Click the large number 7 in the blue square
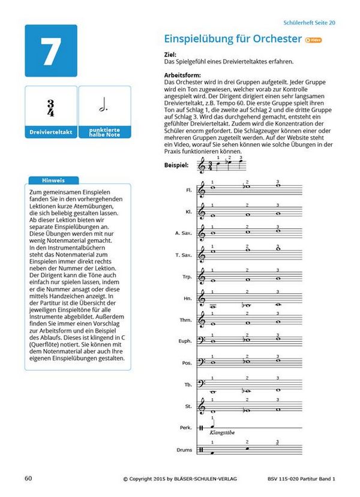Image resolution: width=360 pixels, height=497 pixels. (x=51, y=53)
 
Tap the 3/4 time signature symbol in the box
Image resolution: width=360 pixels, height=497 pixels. (x=50, y=109)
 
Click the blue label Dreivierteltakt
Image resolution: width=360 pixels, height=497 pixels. (x=50, y=131)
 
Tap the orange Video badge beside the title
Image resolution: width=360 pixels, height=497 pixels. (x=313, y=40)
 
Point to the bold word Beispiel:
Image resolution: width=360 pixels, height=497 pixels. (x=176, y=164)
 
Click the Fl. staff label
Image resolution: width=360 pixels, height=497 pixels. (x=188, y=190)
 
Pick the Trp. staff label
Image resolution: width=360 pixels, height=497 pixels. (x=187, y=276)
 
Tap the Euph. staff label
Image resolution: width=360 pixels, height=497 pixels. (x=186, y=341)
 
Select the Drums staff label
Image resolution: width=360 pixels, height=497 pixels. (x=185, y=449)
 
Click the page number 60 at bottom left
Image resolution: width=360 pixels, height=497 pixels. (x=28, y=478)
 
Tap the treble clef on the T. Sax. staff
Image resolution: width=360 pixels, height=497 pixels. (x=202, y=255)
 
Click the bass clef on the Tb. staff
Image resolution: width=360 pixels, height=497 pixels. (x=202, y=384)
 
